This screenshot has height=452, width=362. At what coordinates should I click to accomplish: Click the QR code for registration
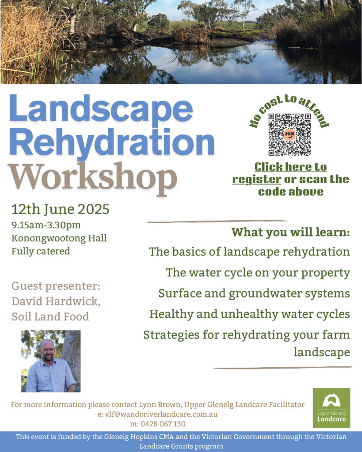[x=290, y=135]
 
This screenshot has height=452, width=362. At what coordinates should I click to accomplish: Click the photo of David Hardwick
[x=51, y=361]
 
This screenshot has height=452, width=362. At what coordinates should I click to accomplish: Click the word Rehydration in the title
[x=112, y=142]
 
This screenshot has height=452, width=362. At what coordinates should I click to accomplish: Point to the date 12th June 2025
[x=60, y=209]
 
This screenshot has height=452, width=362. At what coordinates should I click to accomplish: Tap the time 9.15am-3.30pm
[x=46, y=225]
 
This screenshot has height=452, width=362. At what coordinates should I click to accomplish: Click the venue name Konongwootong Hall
[x=59, y=238]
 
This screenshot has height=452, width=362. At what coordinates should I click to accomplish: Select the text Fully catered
[x=41, y=251]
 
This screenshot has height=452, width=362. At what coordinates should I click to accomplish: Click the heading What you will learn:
[x=291, y=232]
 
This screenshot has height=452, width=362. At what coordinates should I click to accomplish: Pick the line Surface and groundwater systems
[x=254, y=294]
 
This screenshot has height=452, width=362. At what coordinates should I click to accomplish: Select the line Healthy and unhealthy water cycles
[x=249, y=314]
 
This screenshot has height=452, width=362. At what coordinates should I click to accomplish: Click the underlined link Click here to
[x=290, y=167]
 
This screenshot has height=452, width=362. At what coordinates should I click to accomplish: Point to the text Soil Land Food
[x=50, y=316]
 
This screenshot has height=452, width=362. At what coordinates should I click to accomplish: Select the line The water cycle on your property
[x=258, y=273]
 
